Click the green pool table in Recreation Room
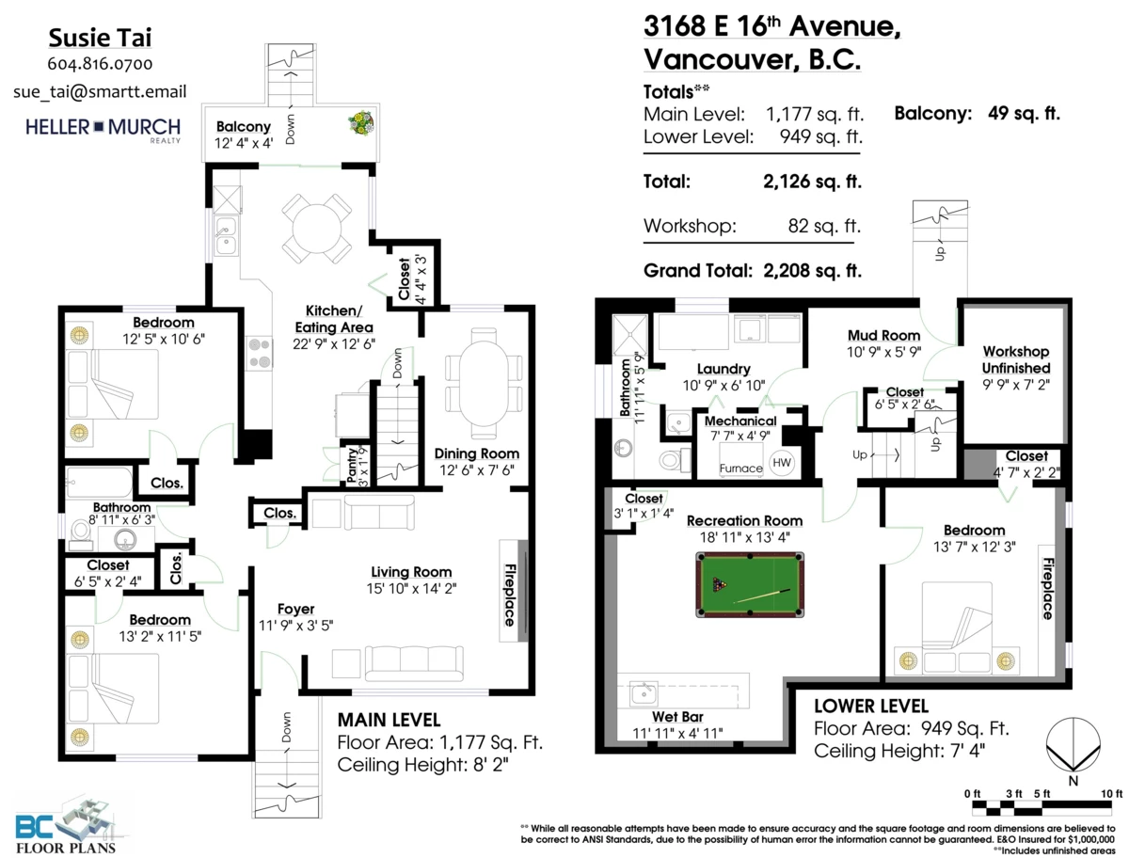[x=750, y=586]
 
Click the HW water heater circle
[x=781, y=462]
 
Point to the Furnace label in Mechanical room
[x=740, y=468]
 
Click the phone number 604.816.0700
[x=100, y=65]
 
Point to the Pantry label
[x=353, y=465]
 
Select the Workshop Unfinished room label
[x=1015, y=359]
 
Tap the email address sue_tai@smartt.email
[x=100, y=91]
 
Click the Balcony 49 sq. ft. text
[x=977, y=114]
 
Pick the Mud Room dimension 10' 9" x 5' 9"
[x=883, y=352]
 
